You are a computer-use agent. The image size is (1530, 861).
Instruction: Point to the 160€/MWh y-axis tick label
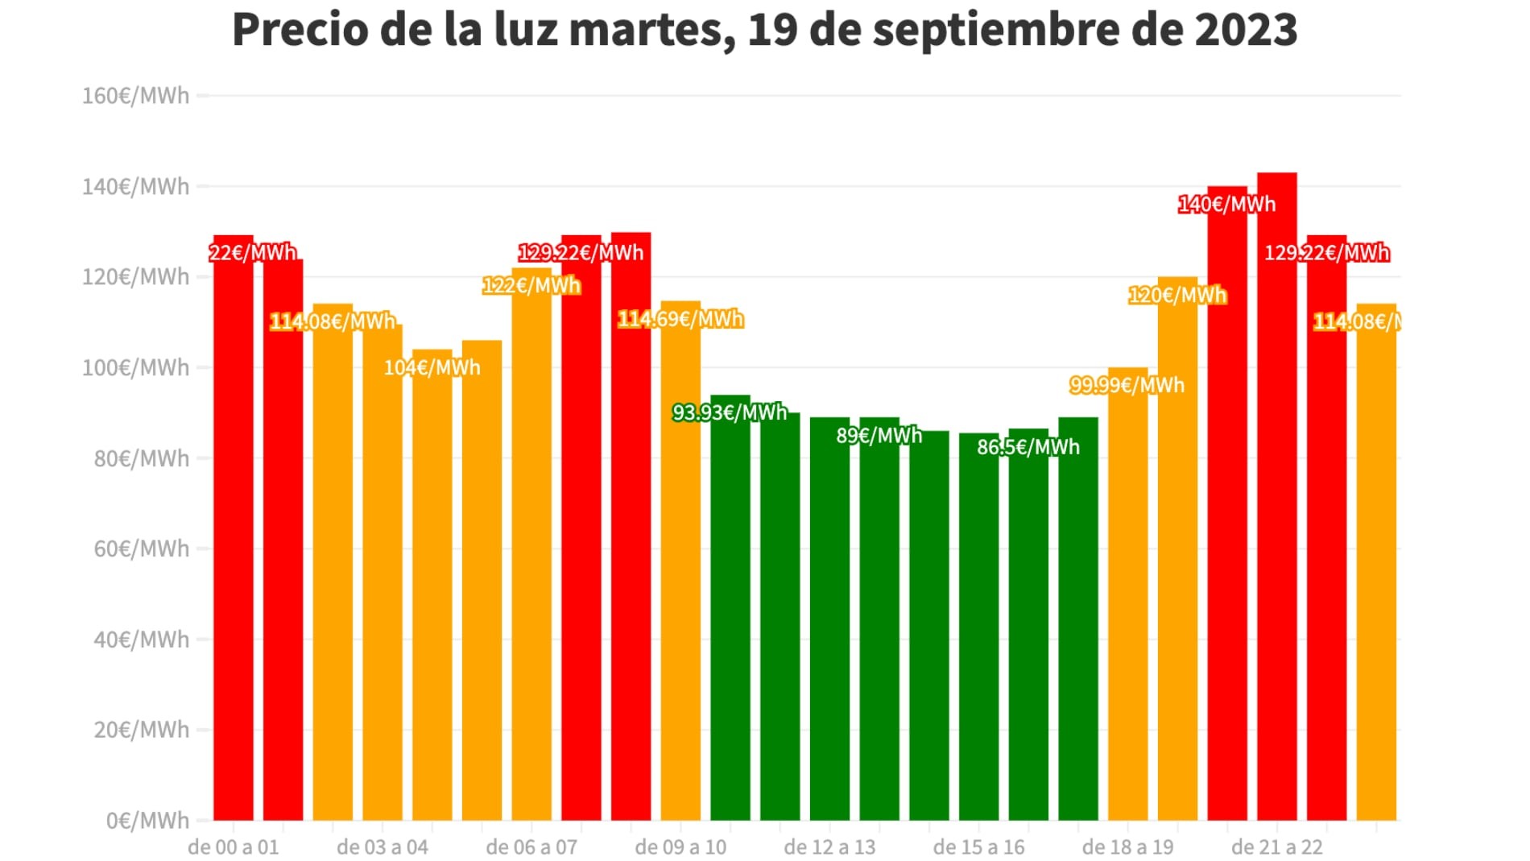(x=135, y=96)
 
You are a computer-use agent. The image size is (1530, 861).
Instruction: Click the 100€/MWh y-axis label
(x=135, y=368)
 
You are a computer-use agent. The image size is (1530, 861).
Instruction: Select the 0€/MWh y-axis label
(x=147, y=821)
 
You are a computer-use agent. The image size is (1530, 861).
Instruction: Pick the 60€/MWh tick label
(x=141, y=549)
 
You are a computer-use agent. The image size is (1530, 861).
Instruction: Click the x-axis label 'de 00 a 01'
(x=234, y=847)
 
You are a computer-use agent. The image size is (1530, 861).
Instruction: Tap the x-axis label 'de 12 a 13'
(x=829, y=847)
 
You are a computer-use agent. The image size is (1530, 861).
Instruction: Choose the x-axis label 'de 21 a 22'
(x=1277, y=847)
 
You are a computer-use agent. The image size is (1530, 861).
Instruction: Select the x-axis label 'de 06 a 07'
(x=531, y=847)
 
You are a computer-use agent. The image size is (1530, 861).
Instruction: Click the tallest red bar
(x=1277, y=499)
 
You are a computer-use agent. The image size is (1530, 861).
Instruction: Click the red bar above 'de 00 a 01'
(x=234, y=532)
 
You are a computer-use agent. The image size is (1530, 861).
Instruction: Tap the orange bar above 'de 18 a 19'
(x=1127, y=596)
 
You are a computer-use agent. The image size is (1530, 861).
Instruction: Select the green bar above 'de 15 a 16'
(x=978, y=628)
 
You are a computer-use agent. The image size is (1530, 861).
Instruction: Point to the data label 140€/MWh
(x=1226, y=205)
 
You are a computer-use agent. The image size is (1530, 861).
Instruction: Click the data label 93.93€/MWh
(x=730, y=413)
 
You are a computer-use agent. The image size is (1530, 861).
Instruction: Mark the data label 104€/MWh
(x=432, y=368)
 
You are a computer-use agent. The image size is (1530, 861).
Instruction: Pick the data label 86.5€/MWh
(x=1028, y=447)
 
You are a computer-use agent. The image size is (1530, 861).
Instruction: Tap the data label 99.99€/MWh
(x=1127, y=386)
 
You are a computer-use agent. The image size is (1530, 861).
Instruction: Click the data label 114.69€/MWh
(x=680, y=320)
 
